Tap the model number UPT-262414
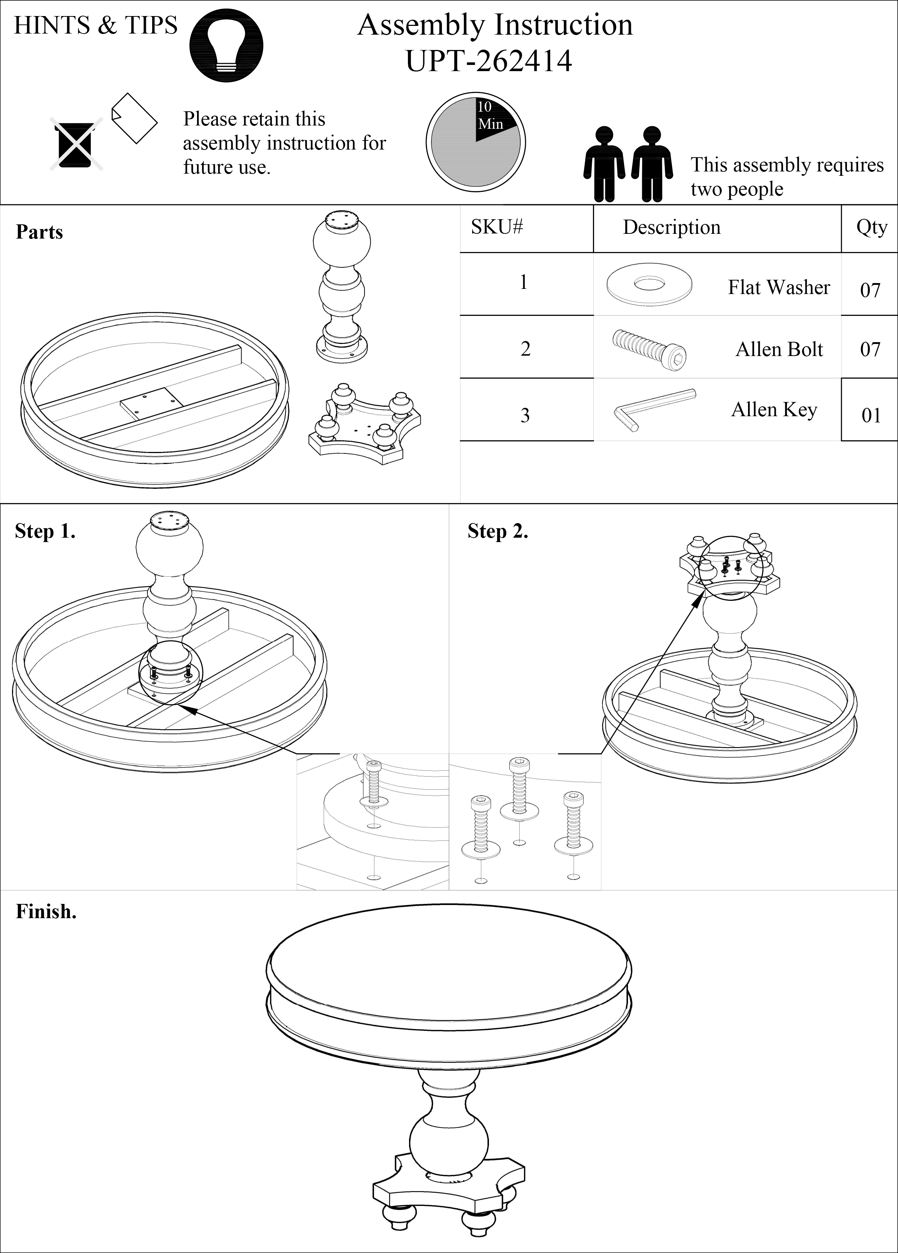pyautogui.click(x=489, y=61)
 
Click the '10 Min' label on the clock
pyautogui.click(x=490, y=116)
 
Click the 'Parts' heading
pyautogui.click(x=39, y=232)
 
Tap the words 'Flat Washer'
pyautogui.click(x=779, y=287)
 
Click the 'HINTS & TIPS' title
pyautogui.click(x=96, y=26)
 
